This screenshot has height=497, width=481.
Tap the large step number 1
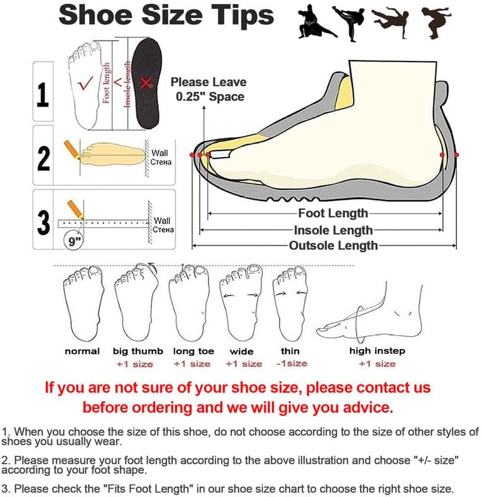[x=43, y=94]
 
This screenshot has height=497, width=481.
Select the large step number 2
[x=43, y=158]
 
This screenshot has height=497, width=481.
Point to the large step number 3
[x=43, y=223]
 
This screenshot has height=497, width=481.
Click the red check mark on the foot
[x=85, y=83]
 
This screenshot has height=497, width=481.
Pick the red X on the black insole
[x=146, y=83]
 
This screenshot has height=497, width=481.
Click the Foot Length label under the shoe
[x=333, y=213]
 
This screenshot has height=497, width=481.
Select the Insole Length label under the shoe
[x=333, y=230]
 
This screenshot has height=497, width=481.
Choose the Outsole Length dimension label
[x=333, y=245]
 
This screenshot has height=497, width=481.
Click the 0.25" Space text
[x=210, y=96]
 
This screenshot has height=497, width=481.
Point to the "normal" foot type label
[x=82, y=351]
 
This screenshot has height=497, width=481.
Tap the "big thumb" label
[x=138, y=351]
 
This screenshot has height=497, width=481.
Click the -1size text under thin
[x=292, y=364]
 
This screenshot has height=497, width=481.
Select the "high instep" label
[x=377, y=351]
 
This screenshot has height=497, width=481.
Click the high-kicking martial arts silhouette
[x=349, y=23]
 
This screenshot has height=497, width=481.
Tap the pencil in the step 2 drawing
[x=71, y=149]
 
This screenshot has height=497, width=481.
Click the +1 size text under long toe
[x=192, y=364]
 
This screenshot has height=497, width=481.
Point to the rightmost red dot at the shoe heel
[x=456, y=155]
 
